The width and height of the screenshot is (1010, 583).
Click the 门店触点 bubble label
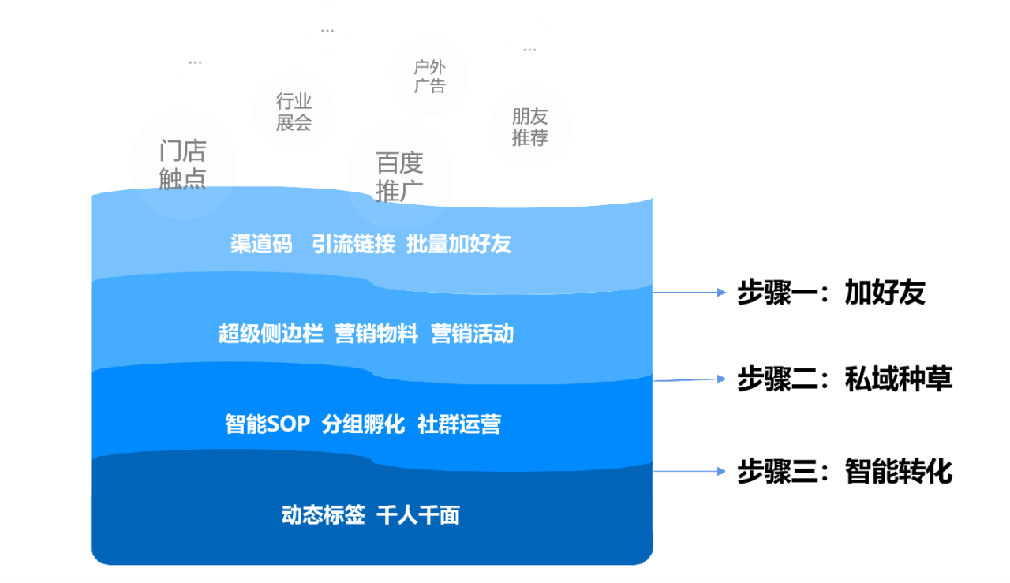[182, 165]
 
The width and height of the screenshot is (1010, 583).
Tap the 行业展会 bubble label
[294, 112]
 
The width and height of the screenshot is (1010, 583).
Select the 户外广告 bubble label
[430, 77]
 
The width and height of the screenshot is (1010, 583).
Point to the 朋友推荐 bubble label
[529, 127]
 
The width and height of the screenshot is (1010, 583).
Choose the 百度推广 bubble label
[399, 177]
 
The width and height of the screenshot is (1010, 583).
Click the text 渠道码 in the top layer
[261, 244]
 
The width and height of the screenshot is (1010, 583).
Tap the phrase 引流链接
[353, 244]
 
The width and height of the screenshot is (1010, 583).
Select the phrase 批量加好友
[458, 244]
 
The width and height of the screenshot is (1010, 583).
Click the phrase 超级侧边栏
[271, 334]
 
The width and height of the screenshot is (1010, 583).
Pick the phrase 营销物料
[376, 334]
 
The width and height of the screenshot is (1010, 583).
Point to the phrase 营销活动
[472, 334]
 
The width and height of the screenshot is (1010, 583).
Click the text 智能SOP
[267, 424]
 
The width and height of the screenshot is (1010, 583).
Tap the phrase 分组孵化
[364, 424]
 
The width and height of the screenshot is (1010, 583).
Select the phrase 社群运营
[459, 424]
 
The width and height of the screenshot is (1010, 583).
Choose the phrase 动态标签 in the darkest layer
[324, 515]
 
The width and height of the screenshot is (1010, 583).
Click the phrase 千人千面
[418, 515]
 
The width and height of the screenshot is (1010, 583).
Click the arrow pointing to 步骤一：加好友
[690, 293]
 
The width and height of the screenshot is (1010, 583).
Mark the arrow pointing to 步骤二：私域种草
[690, 379]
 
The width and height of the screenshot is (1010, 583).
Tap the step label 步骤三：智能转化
[844, 471]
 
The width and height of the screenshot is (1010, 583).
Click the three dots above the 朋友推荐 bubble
[529, 50]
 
